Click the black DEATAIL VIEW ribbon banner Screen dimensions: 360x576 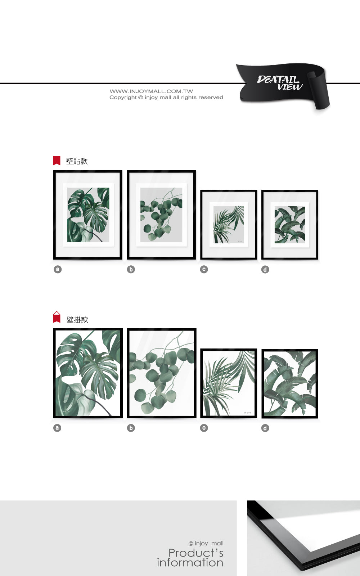point(283,85)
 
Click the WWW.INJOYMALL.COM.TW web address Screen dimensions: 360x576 point(151,91)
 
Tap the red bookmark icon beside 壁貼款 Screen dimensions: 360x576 point(57,161)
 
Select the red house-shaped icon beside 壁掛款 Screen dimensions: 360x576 point(57,317)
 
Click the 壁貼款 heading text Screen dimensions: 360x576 point(77,161)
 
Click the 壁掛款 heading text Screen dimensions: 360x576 point(77,320)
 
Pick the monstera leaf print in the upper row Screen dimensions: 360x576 point(88,215)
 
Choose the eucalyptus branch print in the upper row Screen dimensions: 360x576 point(161,215)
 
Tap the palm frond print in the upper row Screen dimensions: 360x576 point(229,225)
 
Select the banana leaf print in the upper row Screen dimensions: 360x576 point(290,225)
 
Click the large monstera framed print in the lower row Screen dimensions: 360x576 point(88,373)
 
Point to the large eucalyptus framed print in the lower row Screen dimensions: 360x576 point(162,373)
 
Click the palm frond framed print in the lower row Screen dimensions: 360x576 point(229,383)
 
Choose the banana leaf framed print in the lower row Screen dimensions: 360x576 point(290,383)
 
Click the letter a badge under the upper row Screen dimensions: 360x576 point(58,269)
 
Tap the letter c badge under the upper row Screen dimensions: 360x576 point(204,269)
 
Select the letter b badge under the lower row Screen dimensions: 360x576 point(131,428)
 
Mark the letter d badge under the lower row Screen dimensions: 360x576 point(265,428)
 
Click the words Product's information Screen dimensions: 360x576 point(190,558)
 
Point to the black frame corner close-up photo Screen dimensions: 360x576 point(303,538)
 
